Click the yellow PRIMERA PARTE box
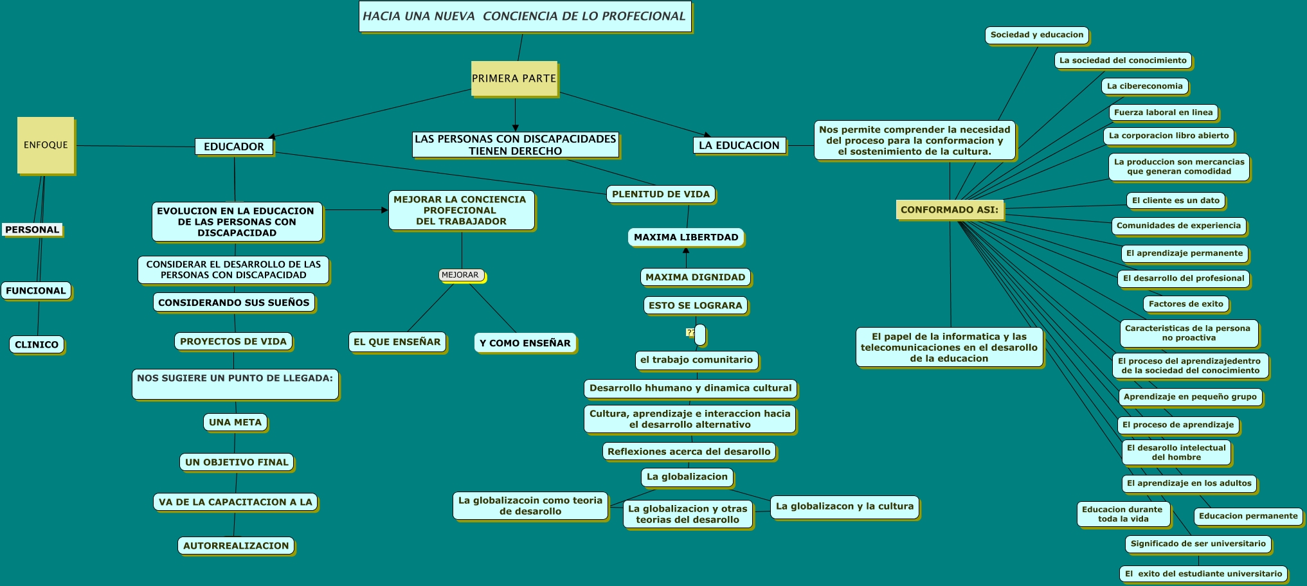(514, 78)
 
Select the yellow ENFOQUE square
(46, 145)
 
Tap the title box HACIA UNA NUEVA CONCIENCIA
(525, 16)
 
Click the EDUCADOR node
(234, 146)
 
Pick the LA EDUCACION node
(739, 145)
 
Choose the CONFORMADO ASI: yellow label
(950, 209)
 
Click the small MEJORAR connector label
(461, 275)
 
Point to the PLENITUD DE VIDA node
(661, 194)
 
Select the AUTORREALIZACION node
(236, 546)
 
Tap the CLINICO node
(37, 344)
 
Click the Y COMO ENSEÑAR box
(525, 343)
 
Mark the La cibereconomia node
(1145, 86)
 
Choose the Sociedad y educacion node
(1037, 35)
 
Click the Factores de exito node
(1186, 304)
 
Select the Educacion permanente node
(1248, 516)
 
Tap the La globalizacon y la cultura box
(845, 506)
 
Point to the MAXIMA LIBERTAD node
(686, 237)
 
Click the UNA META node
(235, 422)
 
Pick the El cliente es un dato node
(1176, 200)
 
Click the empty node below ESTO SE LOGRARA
(700, 334)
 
